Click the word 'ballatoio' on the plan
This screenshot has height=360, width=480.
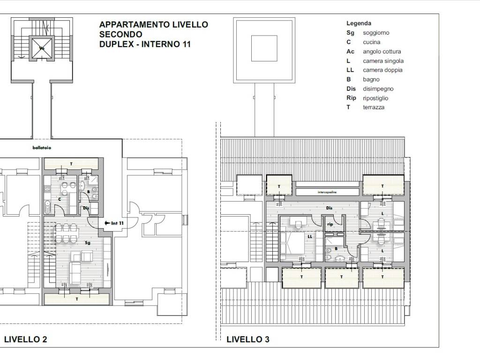point(42,148)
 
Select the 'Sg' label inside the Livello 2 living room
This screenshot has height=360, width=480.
point(87,243)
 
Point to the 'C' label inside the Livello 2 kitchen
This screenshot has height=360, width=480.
point(60,199)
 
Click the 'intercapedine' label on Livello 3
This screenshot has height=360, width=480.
point(327,192)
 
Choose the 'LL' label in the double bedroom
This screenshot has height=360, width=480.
point(309,237)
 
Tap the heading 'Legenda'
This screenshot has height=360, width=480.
point(359,23)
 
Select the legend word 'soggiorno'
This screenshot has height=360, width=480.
point(376,33)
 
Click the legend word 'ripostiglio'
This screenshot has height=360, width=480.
point(375,98)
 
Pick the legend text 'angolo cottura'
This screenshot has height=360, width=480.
point(382,52)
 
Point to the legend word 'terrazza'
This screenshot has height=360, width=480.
point(374,107)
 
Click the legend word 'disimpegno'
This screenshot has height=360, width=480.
point(378,89)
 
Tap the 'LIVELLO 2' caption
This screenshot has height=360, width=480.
point(25,339)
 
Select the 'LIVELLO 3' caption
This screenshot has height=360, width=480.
point(247,339)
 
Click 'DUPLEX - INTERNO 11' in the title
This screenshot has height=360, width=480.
point(145,45)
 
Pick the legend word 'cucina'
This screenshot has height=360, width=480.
point(371,42)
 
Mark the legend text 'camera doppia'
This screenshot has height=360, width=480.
point(382,70)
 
